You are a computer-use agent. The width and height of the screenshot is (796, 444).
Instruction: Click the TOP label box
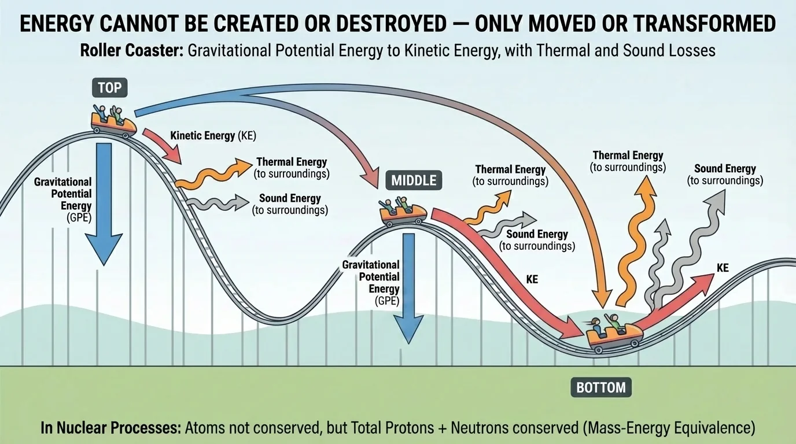tap(109, 88)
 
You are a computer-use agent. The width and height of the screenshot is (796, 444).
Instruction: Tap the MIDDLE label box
tap(414, 180)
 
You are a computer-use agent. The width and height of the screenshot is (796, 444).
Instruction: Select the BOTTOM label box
tap(601, 387)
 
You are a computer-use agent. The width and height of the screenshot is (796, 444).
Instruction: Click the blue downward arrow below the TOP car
tap(104, 202)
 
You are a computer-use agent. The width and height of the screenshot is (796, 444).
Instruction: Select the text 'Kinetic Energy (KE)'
tap(213, 136)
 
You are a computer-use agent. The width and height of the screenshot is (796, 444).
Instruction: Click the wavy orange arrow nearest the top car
tap(208, 173)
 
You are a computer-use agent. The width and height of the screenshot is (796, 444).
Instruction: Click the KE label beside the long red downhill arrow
tap(532, 279)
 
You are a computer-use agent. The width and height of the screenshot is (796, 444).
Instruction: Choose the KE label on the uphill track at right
tap(723, 268)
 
